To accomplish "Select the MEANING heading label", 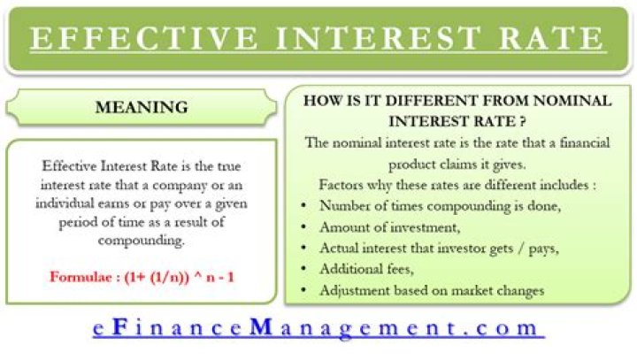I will point(142,108).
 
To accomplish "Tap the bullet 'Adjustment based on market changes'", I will point(433,289).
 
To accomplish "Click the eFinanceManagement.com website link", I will point(318,328).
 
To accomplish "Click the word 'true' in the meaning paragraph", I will point(228,165).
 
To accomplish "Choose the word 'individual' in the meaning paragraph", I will point(69,203).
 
